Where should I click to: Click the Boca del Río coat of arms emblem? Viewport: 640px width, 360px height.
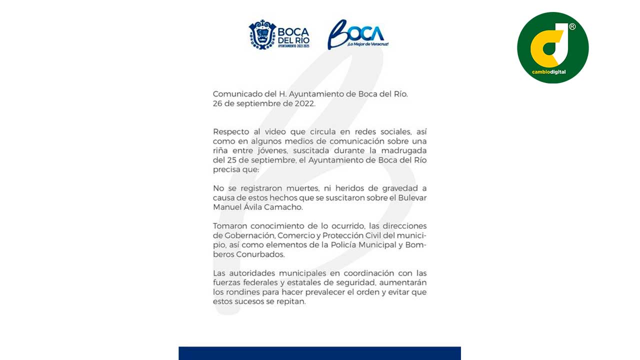tap(262, 34)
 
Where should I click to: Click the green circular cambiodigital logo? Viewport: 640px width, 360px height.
tap(552, 47)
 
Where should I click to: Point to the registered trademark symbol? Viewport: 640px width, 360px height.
tap(572, 27)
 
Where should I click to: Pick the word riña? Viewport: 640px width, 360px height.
tap(220, 150)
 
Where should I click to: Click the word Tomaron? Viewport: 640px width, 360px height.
tap(230, 226)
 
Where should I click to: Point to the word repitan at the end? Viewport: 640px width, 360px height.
tap(290, 302)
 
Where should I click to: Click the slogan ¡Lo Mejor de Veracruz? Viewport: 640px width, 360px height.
tap(367, 44)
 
